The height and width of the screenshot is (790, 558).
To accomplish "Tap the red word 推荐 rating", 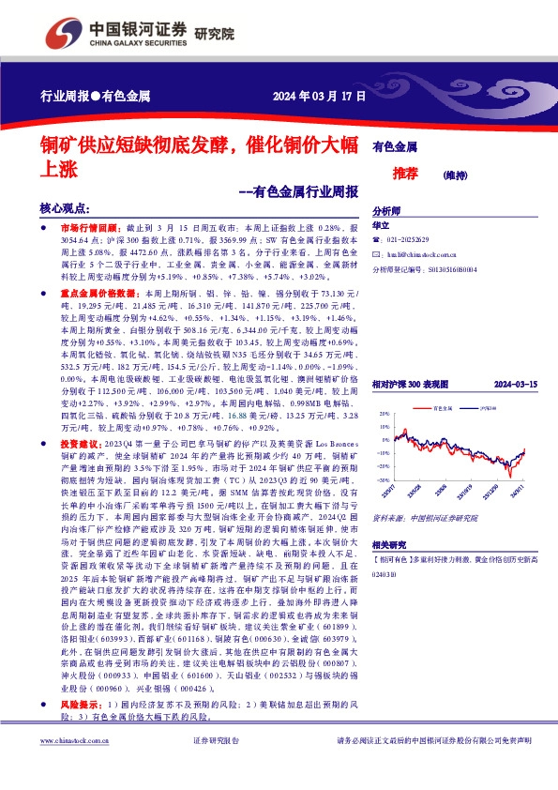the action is point(405,174).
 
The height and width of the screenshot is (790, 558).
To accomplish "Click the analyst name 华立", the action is point(381,226).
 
